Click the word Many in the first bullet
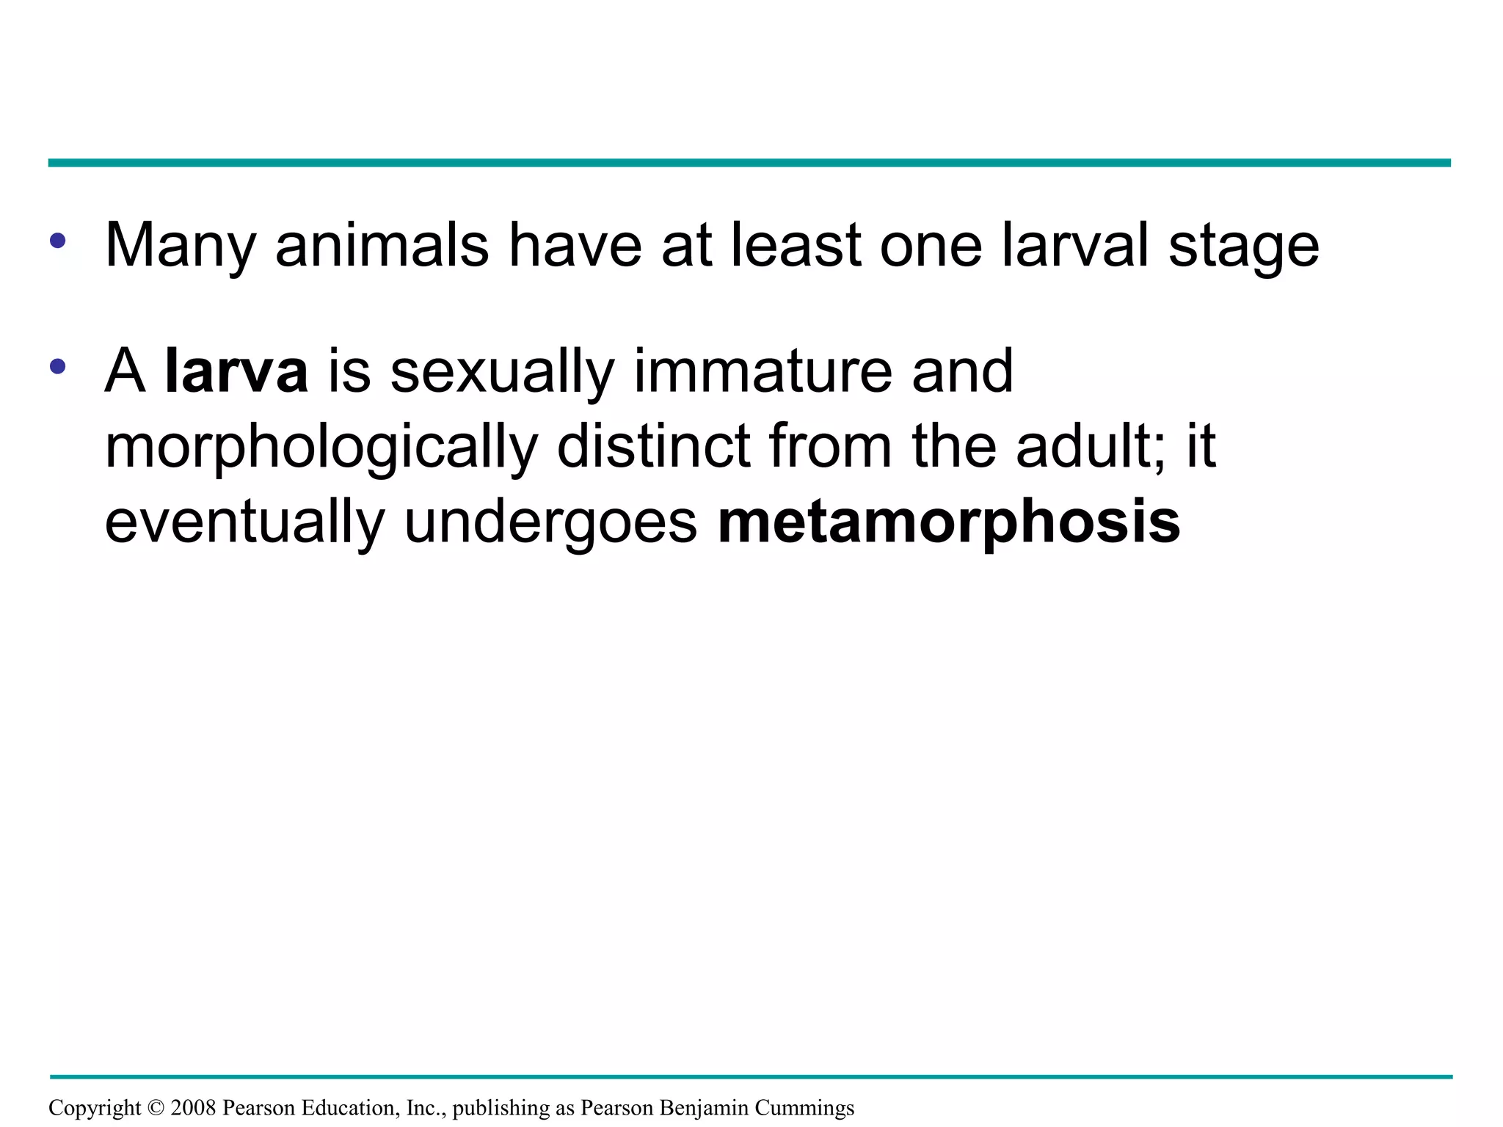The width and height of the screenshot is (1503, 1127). coord(181,246)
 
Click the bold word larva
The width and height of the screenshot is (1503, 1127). coord(236,371)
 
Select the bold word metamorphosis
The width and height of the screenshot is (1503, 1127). coord(949,522)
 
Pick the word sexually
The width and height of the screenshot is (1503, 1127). coord(501,373)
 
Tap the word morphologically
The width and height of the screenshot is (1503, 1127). coord(321,448)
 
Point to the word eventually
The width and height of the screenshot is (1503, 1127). coord(244,522)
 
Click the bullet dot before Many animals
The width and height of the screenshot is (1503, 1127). coord(58,240)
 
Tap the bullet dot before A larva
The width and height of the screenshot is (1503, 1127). coord(58,366)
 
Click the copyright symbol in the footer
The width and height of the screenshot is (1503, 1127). coord(156,1107)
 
